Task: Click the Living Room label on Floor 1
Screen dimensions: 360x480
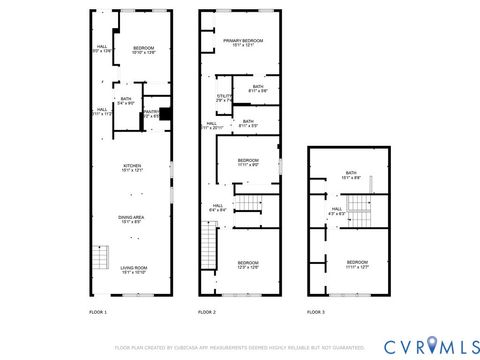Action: click(x=133, y=269)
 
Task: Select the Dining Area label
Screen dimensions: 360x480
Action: click(x=133, y=220)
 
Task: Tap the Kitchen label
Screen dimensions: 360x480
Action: click(x=133, y=169)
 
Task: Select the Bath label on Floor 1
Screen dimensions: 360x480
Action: click(x=127, y=101)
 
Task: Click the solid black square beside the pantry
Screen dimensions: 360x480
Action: click(x=166, y=113)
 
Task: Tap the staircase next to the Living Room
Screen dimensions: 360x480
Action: click(x=100, y=261)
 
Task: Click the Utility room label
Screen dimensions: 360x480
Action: click(x=224, y=98)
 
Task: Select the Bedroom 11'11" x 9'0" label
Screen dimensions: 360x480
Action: click(x=248, y=162)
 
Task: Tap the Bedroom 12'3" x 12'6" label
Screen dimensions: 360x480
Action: click(x=248, y=265)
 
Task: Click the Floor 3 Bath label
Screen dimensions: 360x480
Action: click(x=351, y=175)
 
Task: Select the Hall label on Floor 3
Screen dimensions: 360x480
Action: click(x=337, y=211)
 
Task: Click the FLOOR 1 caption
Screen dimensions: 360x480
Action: click(x=98, y=313)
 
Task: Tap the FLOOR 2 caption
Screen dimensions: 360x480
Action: click(x=207, y=313)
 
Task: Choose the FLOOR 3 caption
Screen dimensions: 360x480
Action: click(x=316, y=313)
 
